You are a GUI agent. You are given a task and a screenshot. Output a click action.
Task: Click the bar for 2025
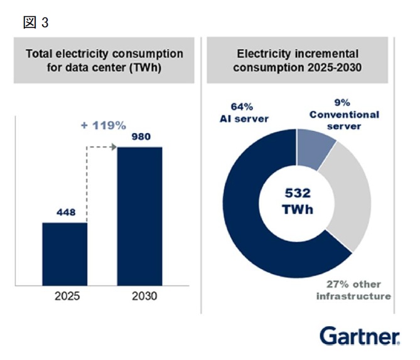[65, 254]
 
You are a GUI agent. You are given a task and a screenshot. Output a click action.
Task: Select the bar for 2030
[139, 216]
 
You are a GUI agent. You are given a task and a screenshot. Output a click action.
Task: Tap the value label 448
[66, 212]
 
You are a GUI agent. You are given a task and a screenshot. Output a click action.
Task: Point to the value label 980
[141, 137]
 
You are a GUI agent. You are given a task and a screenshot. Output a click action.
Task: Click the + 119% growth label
[104, 125]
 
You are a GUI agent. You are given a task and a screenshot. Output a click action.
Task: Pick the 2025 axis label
[67, 296]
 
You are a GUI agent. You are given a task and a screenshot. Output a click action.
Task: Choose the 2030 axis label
[144, 296]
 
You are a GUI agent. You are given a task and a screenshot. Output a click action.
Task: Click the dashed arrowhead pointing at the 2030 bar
[114, 147]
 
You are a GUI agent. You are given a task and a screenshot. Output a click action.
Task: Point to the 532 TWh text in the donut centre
[298, 201]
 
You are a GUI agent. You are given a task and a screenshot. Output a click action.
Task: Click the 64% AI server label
[244, 113]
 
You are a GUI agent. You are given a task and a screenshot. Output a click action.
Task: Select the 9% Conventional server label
[344, 114]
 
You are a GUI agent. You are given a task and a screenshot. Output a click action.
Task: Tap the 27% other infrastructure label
[353, 290]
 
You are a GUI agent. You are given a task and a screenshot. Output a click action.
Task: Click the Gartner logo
[360, 335]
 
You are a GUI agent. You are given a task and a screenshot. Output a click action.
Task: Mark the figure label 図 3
[36, 22]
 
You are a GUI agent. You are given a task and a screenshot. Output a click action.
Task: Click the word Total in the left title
[39, 53]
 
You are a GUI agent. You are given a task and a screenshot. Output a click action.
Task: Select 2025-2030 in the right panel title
[335, 68]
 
